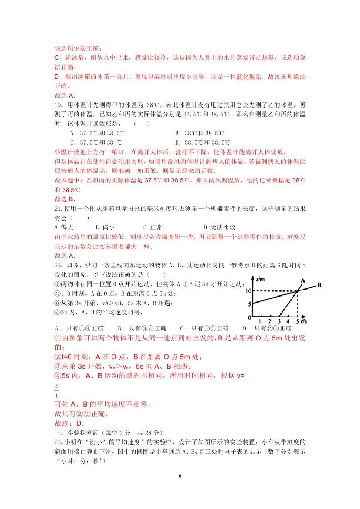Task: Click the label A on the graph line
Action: click(302, 280)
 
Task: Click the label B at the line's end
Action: click(319, 285)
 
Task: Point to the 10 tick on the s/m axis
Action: click(248, 290)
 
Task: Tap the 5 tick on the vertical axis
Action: click(249, 304)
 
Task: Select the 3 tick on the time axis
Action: click(278, 321)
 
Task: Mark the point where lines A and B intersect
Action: click(297, 291)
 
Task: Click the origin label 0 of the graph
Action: click(249, 317)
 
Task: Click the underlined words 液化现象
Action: click(249, 77)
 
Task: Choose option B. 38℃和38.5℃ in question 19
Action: click(199, 133)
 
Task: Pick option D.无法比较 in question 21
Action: click(219, 227)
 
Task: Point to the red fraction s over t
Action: click(57, 391)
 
